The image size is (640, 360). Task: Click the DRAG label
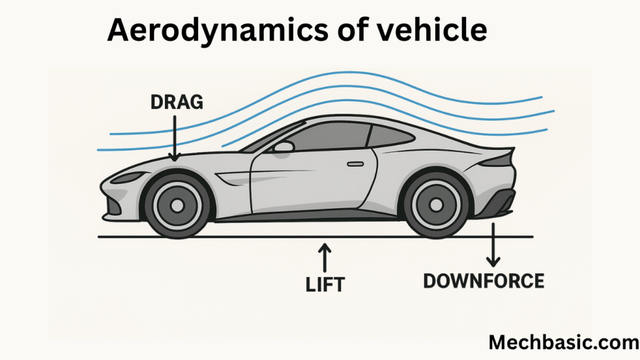[177, 102]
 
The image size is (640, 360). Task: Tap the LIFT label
[325, 284]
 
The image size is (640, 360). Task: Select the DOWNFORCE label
[483, 281]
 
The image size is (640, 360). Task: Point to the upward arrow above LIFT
[324, 257]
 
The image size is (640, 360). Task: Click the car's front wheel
[177, 205]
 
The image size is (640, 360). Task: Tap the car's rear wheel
[436, 204]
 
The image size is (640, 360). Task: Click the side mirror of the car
[284, 147]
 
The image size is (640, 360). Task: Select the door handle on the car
[355, 164]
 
